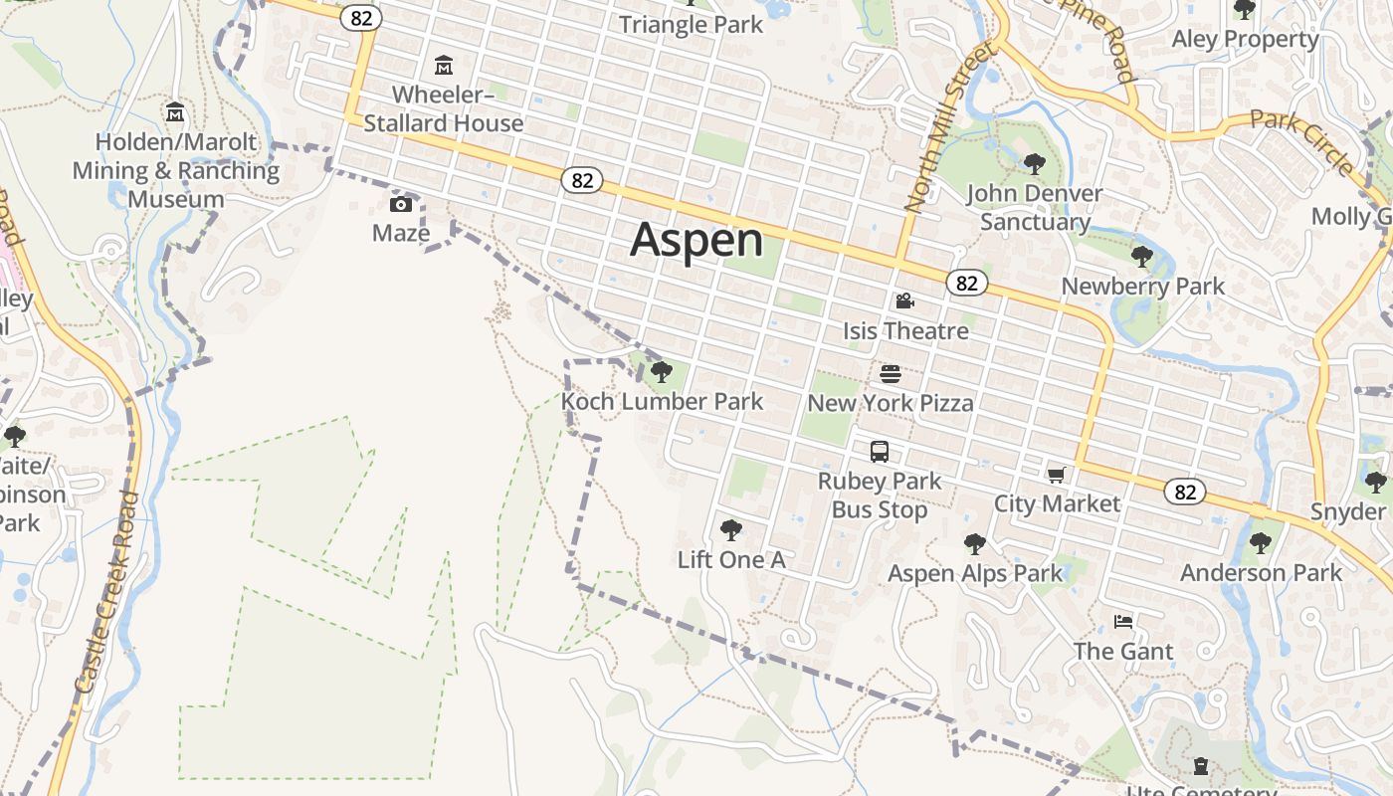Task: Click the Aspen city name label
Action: click(x=696, y=241)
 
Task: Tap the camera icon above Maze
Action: click(x=401, y=205)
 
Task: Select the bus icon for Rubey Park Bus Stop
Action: click(x=880, y=452)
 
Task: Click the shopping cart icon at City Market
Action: click(x=1056, y=475)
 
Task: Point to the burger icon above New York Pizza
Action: click(x=891, y=374)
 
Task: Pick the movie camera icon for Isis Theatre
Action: click(x=904, y=300)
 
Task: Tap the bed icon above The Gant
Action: click(x=1123, y=623)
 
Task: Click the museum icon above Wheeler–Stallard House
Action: click(x=444, y=67)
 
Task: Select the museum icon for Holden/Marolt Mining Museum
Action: click(x=176, y=111)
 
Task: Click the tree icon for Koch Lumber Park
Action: click(x=661, y=372)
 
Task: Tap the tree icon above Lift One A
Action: click(x=731, y=529)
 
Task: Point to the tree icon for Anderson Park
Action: click(x=1261, y=543)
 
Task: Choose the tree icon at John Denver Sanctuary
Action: click(x=1035, y=163)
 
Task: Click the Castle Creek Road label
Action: click(x=105, y=592)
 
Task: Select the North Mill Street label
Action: click(x=949, y=126)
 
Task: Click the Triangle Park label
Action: click(x=692, y=25)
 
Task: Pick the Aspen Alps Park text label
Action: click(x=975, y=574)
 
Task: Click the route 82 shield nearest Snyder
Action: click(x=1184, y=492)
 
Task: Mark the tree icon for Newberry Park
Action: click(x=1142, y=257)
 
